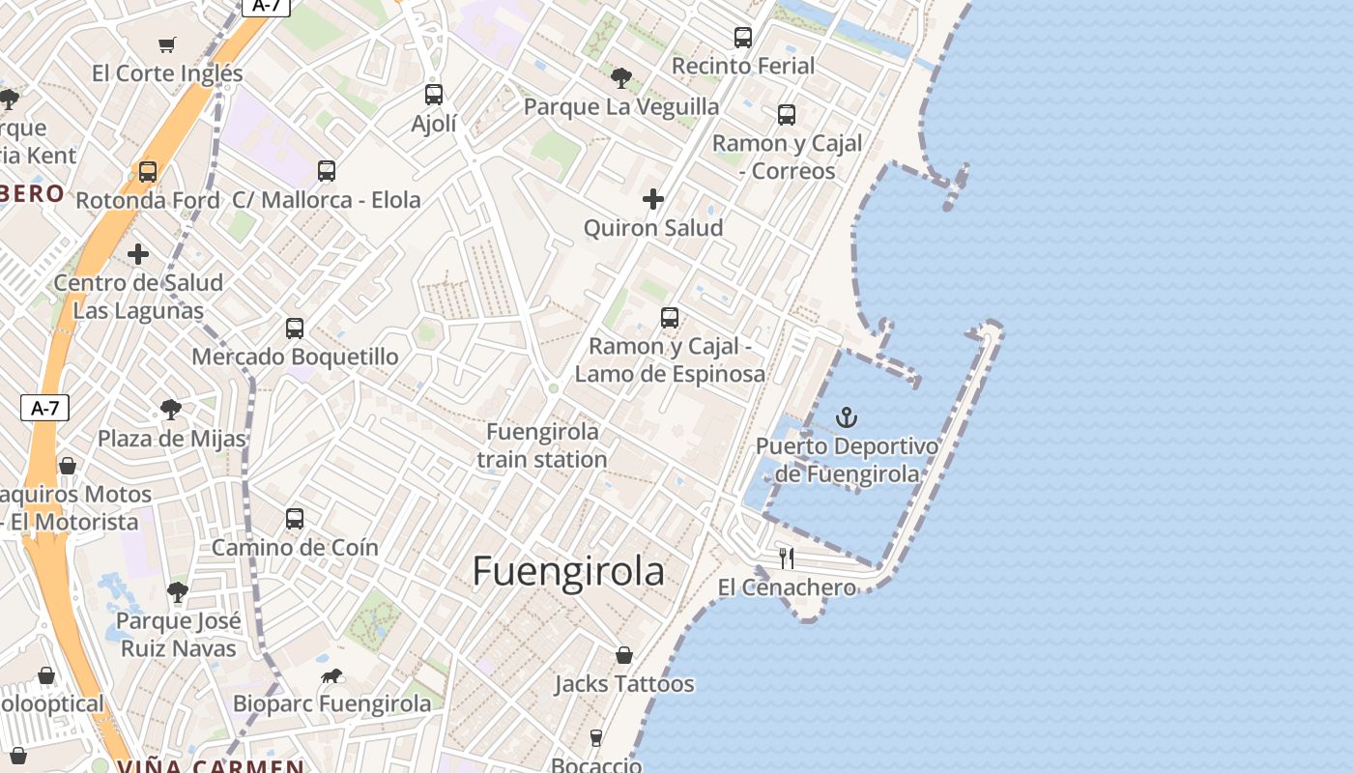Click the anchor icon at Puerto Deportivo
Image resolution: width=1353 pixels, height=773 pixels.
click(847, 417)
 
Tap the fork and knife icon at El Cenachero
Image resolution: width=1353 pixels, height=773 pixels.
click(787, 558)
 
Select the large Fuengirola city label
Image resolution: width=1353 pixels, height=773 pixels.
click(568, 572)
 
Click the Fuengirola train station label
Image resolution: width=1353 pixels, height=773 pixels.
click(542, 445)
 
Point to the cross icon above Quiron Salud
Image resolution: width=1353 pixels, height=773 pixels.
click(653, 199)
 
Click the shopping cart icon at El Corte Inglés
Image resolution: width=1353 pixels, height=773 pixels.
click(167, 44)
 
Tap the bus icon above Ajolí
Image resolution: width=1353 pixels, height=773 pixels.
click(434, 95)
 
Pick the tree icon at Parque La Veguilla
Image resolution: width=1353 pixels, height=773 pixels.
click(620, 77)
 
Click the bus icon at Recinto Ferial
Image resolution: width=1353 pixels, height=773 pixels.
click(743, 38)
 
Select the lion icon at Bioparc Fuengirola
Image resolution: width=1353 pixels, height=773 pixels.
click(332, 675)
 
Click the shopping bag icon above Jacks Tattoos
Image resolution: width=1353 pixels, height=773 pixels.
click(624, 655)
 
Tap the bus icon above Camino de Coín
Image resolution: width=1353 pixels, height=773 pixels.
click(295, 519)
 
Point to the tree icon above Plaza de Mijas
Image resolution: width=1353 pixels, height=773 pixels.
click(171, 410)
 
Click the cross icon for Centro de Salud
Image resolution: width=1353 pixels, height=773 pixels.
click(138, 254)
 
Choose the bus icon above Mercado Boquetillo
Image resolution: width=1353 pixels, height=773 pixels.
click(295, 329)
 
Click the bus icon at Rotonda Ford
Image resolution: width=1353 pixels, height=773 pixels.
click(148, 172)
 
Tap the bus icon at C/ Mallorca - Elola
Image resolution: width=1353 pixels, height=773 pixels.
click(327, 171)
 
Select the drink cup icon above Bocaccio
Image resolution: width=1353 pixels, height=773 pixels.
click(595, 738)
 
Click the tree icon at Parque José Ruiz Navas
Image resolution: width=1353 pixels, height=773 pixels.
click(177, 591)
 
